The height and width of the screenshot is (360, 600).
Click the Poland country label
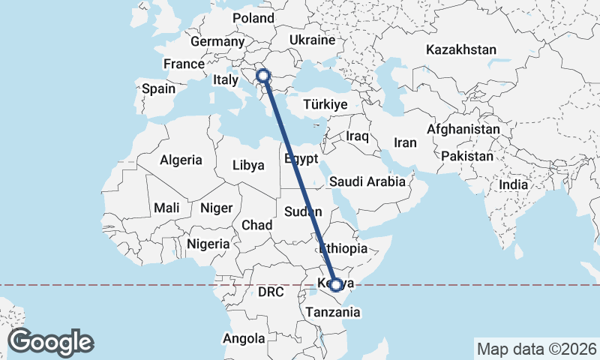[x=253, y=19]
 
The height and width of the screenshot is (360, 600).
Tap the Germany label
[x=214, y=42]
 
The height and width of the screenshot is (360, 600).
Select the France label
[x=184, y=64]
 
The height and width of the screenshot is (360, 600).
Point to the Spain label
[x=158, y=88]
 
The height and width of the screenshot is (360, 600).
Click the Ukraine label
[x=311, y=39]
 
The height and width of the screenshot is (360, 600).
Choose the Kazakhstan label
[x=461, y=50]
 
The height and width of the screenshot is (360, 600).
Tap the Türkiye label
[x=326, y=105]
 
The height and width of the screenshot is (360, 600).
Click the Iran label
[x=405, y=142]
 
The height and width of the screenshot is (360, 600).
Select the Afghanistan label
[x=463, y=130]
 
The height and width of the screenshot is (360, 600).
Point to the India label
[x=514, y=184]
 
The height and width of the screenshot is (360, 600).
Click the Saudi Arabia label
[x=367, y=181]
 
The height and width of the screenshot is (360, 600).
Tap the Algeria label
[x=181, y=160]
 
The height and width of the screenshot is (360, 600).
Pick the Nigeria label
[x=208, y=244]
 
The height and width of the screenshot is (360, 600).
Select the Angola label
[x=244, y=339]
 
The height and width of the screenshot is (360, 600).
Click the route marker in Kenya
[x=336, y=285]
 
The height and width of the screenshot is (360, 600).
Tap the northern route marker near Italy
[x=263, y=75]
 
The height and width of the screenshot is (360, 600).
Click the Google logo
[x=50, y=342]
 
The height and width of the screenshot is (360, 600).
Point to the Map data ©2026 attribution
[x=537, y=349]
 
